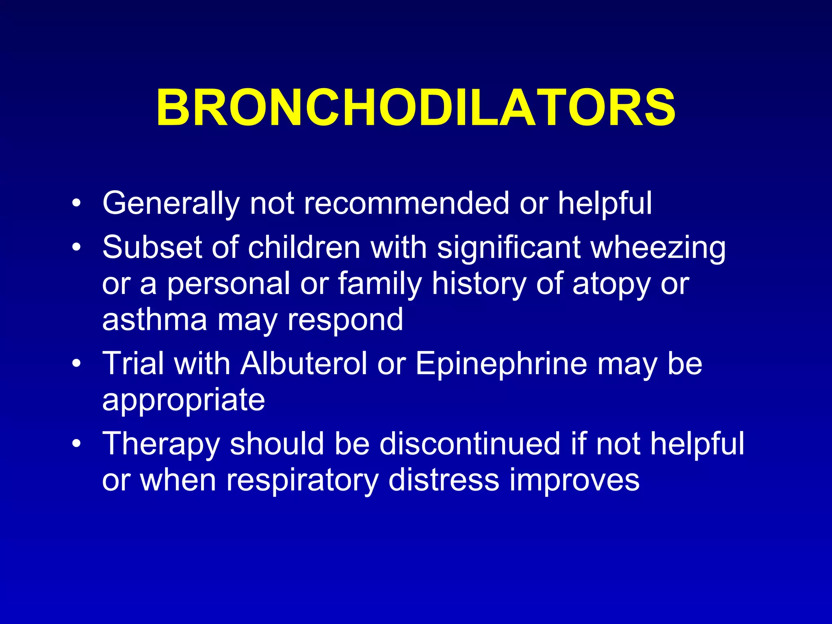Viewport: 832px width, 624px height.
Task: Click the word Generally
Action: tap(171, 203)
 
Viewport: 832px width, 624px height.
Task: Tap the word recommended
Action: tap(406, 203)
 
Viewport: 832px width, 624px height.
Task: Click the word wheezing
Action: tap(658, 248)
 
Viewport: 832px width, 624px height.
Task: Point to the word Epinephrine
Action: tap(501, 364)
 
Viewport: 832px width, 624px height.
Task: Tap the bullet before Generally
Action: tap(76, 204)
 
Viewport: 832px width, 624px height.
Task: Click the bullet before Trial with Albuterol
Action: tap(76, 364)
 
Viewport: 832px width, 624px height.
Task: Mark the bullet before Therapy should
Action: tap(76, 444)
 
